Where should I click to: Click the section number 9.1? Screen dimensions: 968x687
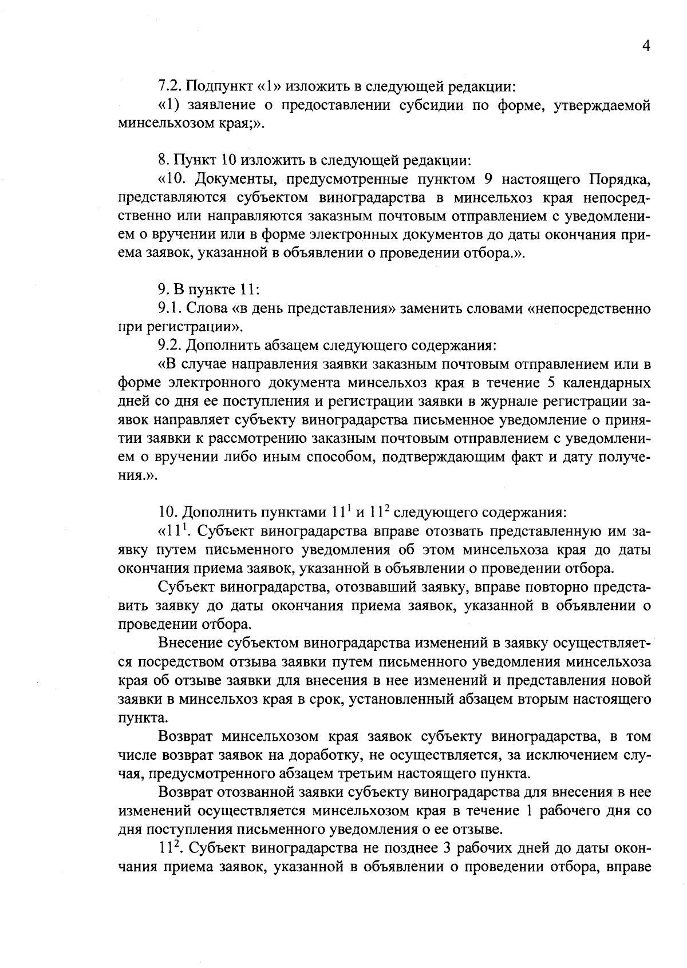pos(170,310)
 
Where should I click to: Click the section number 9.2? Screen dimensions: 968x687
pos(170,346)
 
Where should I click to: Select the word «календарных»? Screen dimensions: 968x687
pos(609,383)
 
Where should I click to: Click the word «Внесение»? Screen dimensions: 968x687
pos(191,642)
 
